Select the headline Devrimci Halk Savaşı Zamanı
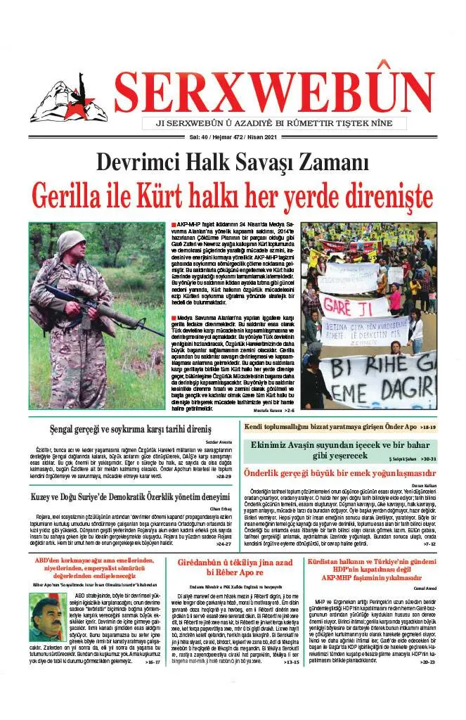pos(233,162)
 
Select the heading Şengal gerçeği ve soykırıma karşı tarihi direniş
pos(131,428)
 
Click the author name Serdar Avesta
pos(219,441)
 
